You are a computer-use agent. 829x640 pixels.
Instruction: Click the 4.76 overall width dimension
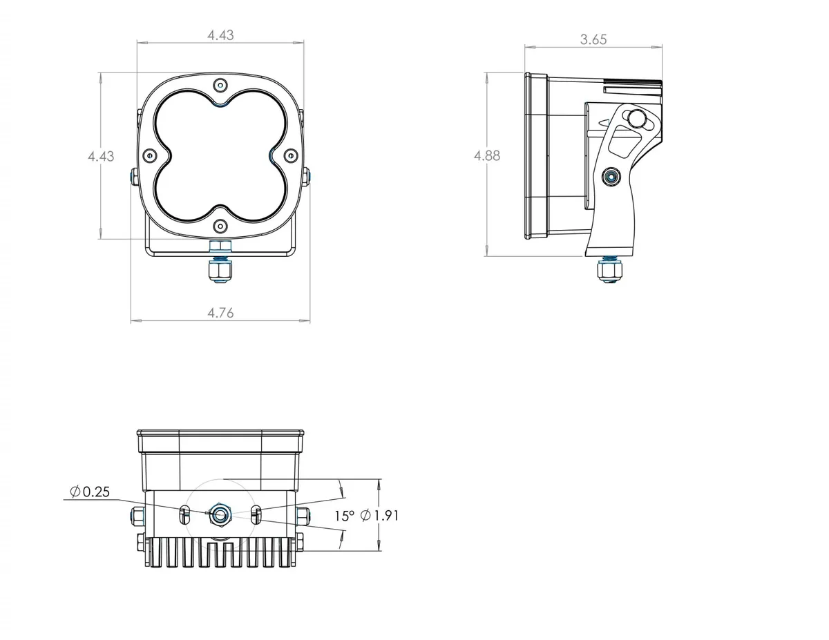pyautogui.click(x=220, y=313)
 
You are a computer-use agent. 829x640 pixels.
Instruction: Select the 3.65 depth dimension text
pyautogui.click(x=593, y=39)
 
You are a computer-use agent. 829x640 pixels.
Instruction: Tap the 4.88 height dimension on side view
pyautogui.click(x=486, y=156)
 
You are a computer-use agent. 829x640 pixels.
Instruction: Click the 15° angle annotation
pyautogui.click(x=344, y=515)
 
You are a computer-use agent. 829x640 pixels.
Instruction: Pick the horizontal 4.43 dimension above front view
pyautogui.click(x=220, y=35)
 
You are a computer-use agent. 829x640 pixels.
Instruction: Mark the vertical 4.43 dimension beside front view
pyautogui.click(x=101, y=156)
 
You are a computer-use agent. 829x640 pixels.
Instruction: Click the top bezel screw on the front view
pyautogui.click(x=220, y=85)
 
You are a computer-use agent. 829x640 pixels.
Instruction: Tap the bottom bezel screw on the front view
pyautogui.click(x=220, y=226)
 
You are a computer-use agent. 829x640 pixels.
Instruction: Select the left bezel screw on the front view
pyautogui.click(x=149, y=156)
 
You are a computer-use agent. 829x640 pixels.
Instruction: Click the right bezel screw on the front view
pyautogui.click(x=291, y=156)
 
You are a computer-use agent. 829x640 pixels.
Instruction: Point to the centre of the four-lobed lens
pyautogui.click(x=220, y=156)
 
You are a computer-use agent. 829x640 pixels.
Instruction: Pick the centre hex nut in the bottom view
pyautogui.click(x=221, y=514)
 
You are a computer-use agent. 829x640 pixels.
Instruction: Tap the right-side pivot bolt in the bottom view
pyautogui.click(x=303, y=514)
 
